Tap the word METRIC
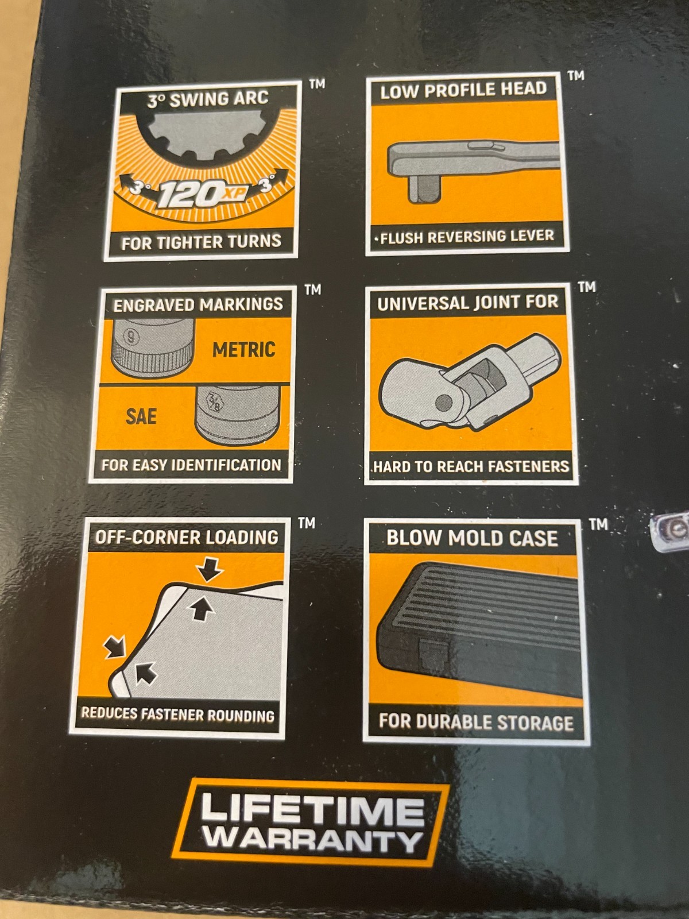244,350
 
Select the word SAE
141,416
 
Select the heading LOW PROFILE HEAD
463,90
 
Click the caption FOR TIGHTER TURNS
201,242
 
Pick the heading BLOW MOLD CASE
473,538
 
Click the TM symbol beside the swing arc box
317,84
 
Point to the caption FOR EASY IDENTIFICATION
191,465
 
